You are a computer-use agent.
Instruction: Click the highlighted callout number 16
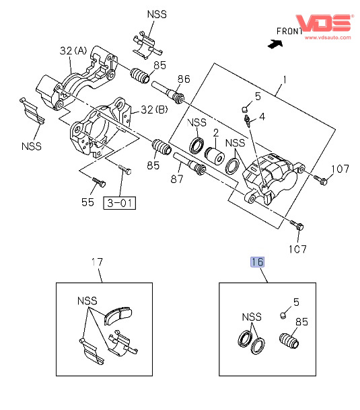pyautogui.click(x=257, y=262)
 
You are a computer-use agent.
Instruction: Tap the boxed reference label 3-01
pyautogui.click(x=120, y=203)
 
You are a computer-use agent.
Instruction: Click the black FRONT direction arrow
pyautogui.click(x=275, y=44)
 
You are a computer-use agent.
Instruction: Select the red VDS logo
pyautogui.click(x=324, y=23)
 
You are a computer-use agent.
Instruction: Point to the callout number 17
pyautogui.click(x=97, y=261)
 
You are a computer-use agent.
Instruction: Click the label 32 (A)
pyautogui.click(x=73, y=50)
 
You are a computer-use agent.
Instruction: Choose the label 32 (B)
pyautogui.click(x=154, y=110)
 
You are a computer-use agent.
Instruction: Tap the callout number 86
pyautogui.click(x=184, y=79)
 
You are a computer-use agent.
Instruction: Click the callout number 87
pyautogui.click(x=177, y=179)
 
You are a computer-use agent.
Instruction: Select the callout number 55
pyautogui.click(x=87, y=202)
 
